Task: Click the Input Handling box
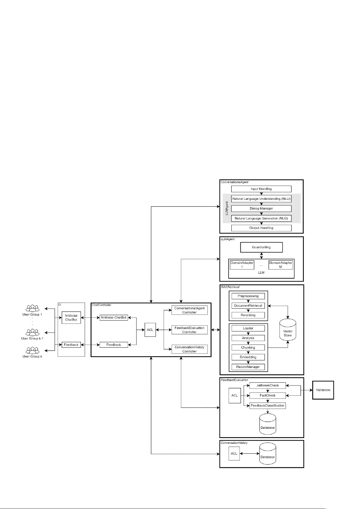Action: [x=261, y=189]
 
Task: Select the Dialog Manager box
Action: [x=261, y=208]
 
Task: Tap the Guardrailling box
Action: [x=261, y=247]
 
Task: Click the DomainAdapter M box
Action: [x=281, y=265]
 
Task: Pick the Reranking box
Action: [x=248, y=315]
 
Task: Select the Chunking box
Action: [x=248, y=347]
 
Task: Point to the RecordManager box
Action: [x=248, y=367]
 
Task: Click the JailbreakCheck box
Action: [x=267, y=385]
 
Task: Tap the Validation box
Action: [x=323, y=390]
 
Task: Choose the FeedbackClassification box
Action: [x=267, y=405]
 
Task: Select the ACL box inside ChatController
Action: [x=150, y=330]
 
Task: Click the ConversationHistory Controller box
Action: [x=189, y=349]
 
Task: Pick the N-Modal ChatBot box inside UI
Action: [x=71, y=317]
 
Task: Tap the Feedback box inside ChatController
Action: [x=114, y=345]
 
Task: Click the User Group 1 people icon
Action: [x=32, y=308]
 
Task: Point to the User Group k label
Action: [x=32, y=356]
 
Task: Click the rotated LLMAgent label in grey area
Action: [x=227, y=208]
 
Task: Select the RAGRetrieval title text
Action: [x=230, y=287]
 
